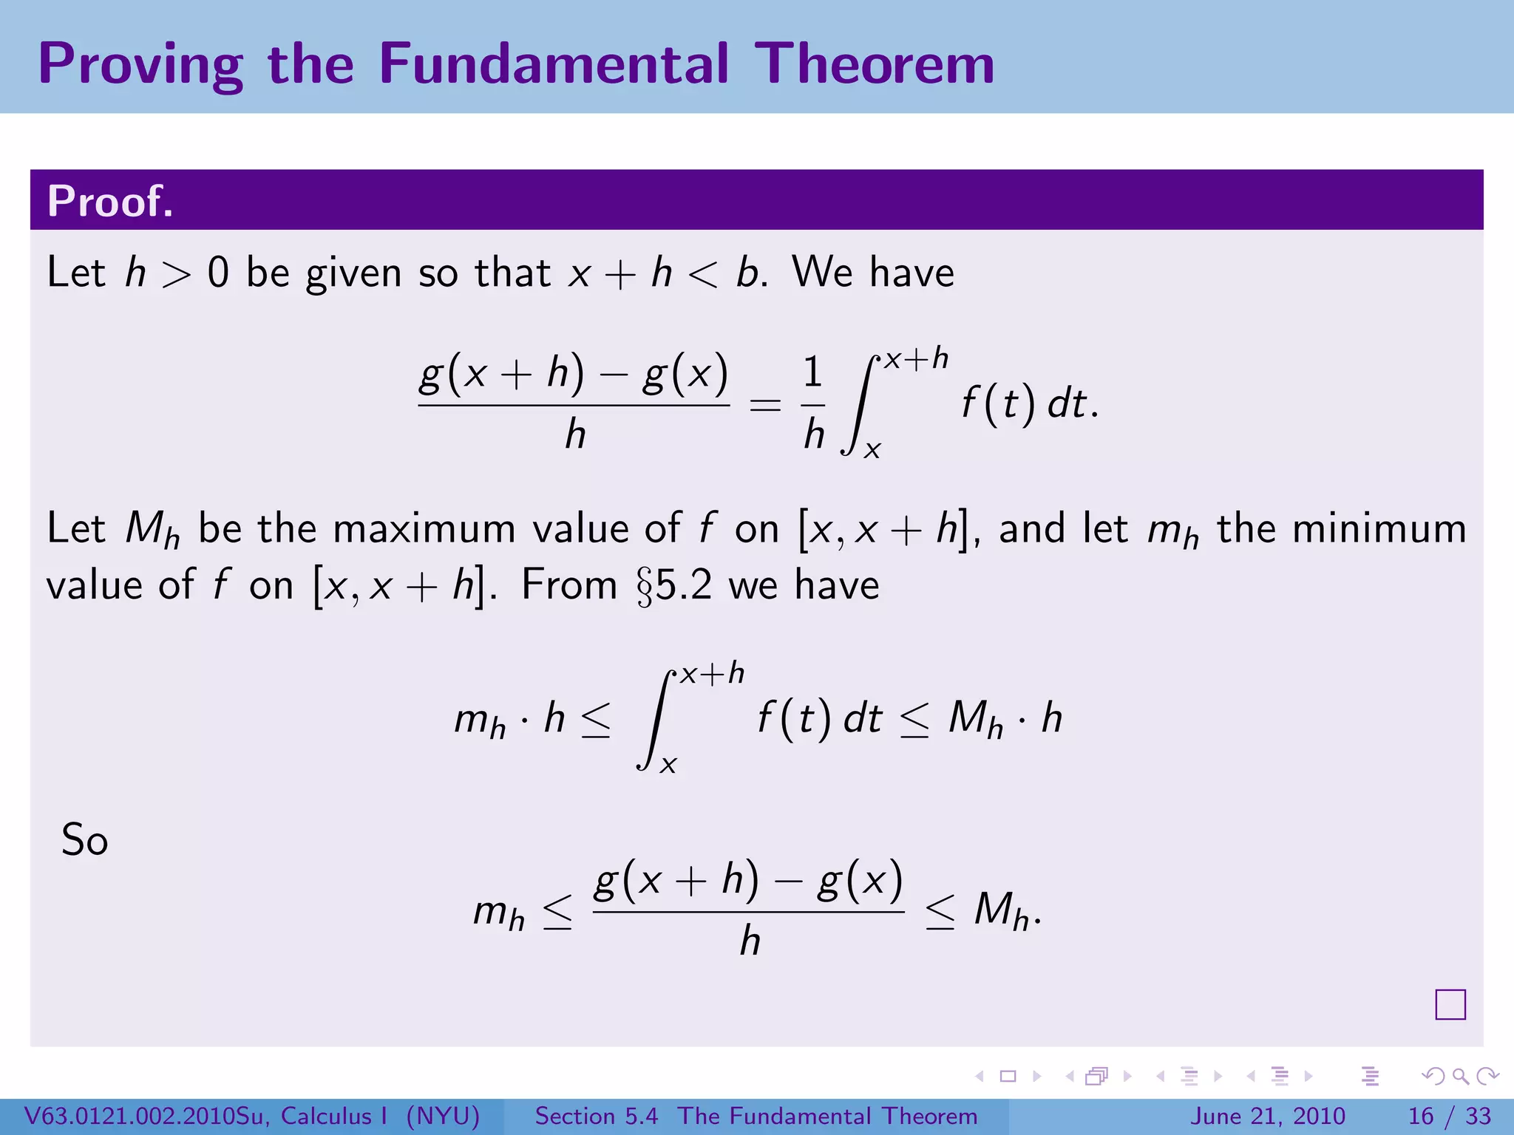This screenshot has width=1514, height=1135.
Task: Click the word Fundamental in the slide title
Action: click(x=553, y=64)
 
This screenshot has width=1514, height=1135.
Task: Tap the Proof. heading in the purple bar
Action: click(x=110, y=201)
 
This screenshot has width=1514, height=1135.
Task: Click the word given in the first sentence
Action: click(x=354, y=273)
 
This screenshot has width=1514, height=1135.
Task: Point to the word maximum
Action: click(x=424, y=529)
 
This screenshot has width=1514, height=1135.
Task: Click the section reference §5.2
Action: click(x=674, y=585)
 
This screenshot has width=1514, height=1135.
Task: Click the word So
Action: click(x=84, y=840)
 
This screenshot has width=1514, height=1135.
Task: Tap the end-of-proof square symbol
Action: click(x=1450, y=1004)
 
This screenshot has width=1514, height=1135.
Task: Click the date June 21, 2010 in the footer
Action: click(x=1267, y=1116)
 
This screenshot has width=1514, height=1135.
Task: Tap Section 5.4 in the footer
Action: click(x=596, y=1116)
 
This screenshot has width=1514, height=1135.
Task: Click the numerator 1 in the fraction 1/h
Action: click(x=813, y=372)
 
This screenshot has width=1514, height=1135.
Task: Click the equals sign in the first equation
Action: click(x=765, y=405)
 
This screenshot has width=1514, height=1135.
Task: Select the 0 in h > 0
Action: click(x=218, y=273)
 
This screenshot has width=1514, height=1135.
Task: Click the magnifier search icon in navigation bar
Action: click(x=1460, y=1077)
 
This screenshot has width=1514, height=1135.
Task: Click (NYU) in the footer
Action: click(x=443, y=1116)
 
